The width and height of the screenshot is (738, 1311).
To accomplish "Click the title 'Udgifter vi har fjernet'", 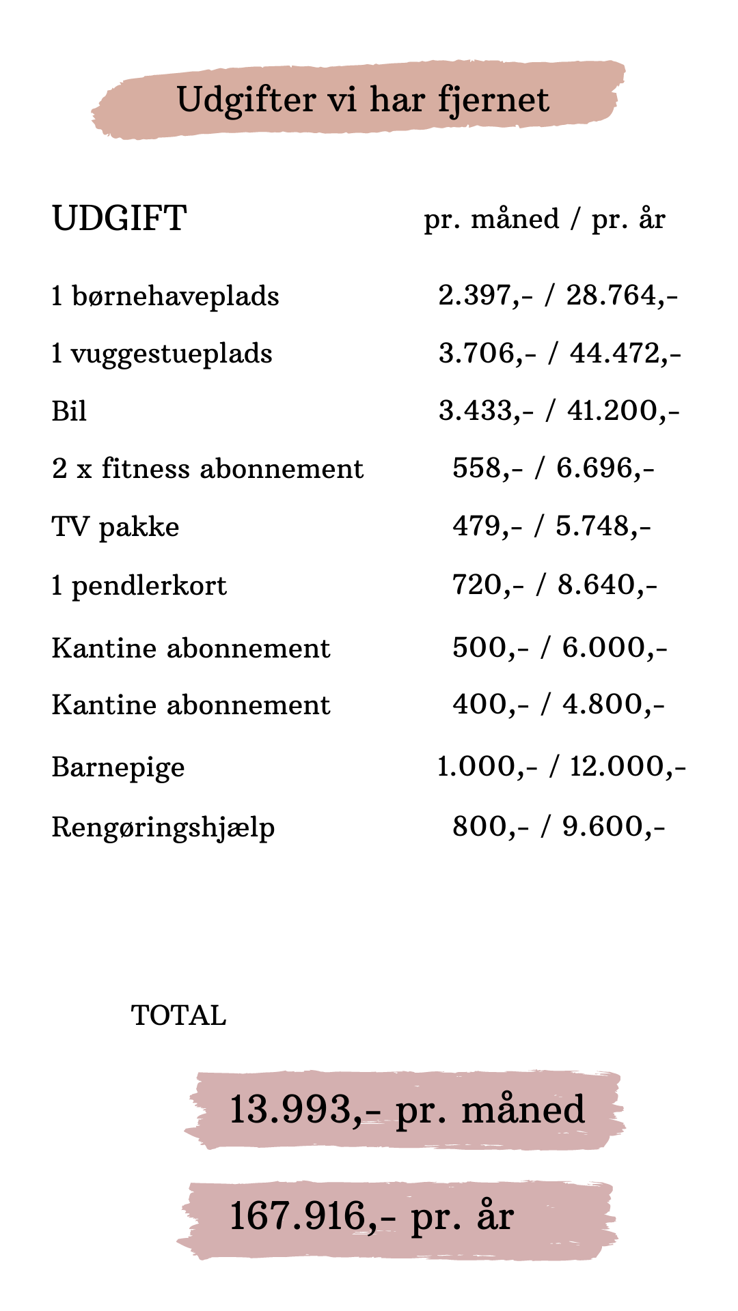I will coord(362,100).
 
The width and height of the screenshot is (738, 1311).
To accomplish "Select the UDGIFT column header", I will coord(119,218).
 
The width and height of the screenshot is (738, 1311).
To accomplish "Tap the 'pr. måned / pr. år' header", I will coord(544,219).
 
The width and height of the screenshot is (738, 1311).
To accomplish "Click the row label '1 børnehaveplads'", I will coord(165,296).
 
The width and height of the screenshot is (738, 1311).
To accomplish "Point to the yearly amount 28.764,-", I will coord(622,296).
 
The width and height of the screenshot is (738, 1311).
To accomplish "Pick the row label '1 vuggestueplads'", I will coord(162,354).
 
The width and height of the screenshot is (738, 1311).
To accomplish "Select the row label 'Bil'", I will coord(69,412).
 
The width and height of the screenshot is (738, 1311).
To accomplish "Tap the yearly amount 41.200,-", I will coord(623,410).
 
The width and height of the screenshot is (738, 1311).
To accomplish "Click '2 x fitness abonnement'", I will coord(208,469).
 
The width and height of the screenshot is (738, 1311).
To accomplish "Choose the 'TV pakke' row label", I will coord(115,527).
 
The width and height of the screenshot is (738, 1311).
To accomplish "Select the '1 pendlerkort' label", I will coord(139,586).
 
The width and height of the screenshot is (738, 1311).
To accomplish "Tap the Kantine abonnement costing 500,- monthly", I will coord(191,648).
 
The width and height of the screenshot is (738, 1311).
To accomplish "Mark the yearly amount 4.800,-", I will coord(613,704).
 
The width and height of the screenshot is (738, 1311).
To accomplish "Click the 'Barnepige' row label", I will coord(118,767).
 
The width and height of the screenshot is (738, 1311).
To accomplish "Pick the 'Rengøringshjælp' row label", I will coord(163,827).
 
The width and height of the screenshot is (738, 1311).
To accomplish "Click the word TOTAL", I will coord(178,1015).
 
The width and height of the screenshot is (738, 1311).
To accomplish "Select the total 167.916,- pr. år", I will coord(372,1216).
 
